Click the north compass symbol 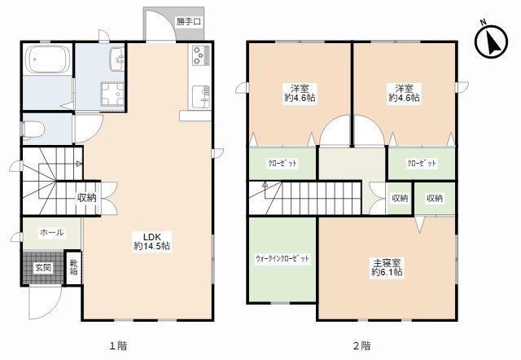[x=491, y=42]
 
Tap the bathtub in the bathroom [x=47, y=59]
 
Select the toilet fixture [x=33, y=129]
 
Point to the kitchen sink [x=201, y=96]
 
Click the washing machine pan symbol [x=112, y=94]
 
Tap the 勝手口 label [x=188, y=22]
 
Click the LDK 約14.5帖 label [x=152, y=242]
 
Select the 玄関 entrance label [x=43, y=268]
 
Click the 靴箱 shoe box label [x=73, y=267]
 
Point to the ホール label [x=51, y=232]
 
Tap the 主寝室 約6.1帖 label [x=387, y=268]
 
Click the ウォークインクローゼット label [x=282, y=258]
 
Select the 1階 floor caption [x=118, y=346]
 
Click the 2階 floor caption [x=361, y=346]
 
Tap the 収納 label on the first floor [x=87, y=198]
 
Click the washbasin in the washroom [x=116, y=59]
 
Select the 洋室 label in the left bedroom [x=300, y=89]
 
